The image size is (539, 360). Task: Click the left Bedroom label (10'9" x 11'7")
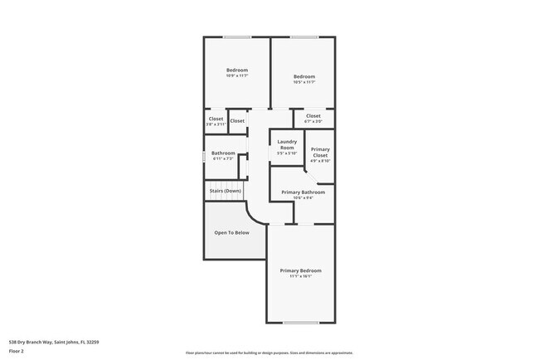237,71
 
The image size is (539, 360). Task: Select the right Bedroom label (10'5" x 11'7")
303,76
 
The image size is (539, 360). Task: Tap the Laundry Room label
287,144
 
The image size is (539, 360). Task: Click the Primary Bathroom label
303,192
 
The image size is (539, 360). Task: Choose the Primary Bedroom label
300,270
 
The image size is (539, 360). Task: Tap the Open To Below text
232,232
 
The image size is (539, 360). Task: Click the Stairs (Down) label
225,191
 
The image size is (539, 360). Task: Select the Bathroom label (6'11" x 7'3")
223,153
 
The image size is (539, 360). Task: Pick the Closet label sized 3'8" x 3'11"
216,119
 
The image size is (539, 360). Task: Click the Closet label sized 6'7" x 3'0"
313,116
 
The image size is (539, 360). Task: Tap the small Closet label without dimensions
237,121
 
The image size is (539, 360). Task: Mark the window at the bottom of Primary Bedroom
300,323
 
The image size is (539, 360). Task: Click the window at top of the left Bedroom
237,36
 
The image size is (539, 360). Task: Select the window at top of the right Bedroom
303,36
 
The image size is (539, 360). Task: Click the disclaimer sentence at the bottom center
269,353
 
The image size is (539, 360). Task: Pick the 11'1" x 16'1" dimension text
300,276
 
